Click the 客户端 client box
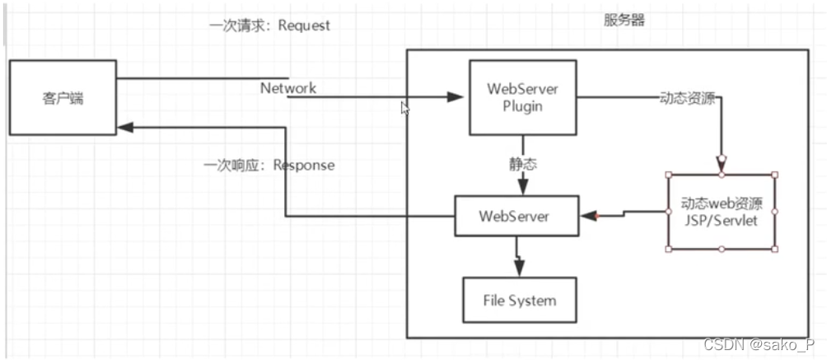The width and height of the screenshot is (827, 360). [x=63, y=99]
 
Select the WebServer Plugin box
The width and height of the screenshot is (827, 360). [x=521, y=96]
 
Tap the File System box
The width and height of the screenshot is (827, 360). [x=519, y=300]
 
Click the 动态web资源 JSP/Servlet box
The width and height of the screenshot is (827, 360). [x=721, y=211]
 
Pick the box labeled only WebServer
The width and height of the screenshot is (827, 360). [x=516, y=217]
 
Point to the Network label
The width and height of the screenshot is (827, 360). [x=288, y=87]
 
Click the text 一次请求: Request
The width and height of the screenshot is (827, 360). [x=269, y=25]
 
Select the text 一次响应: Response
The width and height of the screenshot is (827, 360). [x=269, y=165]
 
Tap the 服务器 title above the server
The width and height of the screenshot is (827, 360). [x=624, y=20]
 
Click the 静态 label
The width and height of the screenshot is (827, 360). [x=522, y=165]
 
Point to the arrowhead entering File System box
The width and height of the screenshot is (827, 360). [x=518, y=269]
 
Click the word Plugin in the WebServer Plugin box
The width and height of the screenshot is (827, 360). [x=521, y=105]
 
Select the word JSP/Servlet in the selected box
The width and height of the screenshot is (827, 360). [x=721, y=220]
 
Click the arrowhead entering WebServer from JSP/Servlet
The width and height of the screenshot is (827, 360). [x=588, y=216]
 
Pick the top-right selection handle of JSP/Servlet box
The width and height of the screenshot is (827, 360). [x=774, y=175]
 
